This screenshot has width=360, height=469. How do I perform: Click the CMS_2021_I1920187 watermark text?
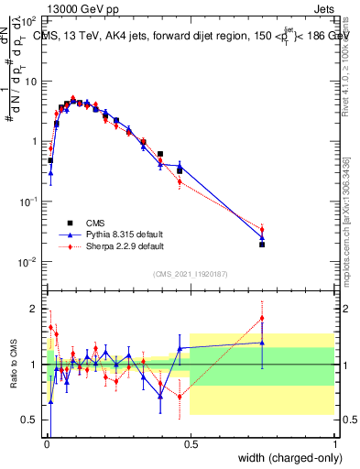tap(190, 273)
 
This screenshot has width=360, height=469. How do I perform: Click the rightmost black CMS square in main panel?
tap(262, 245)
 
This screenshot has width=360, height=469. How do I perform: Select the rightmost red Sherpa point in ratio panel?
tap(262, 319)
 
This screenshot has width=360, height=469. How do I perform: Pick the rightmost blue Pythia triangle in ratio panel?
tap(262, 343)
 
